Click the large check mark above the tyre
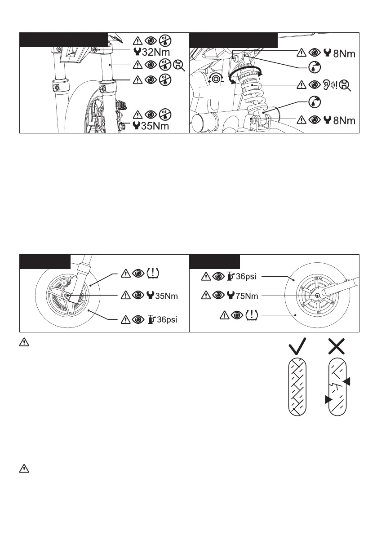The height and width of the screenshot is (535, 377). pyautogui.click(x=300, y=347)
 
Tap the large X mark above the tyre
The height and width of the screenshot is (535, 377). pyautogui.click(x=340, y=347)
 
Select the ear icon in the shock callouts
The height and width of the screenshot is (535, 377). pyautogui.click(x=327, y=84)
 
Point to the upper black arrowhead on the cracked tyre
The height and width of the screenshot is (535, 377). pyautogui.click(x=346, y=381)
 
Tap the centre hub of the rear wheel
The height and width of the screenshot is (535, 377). pyautogui.click(x=317, y=295)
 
